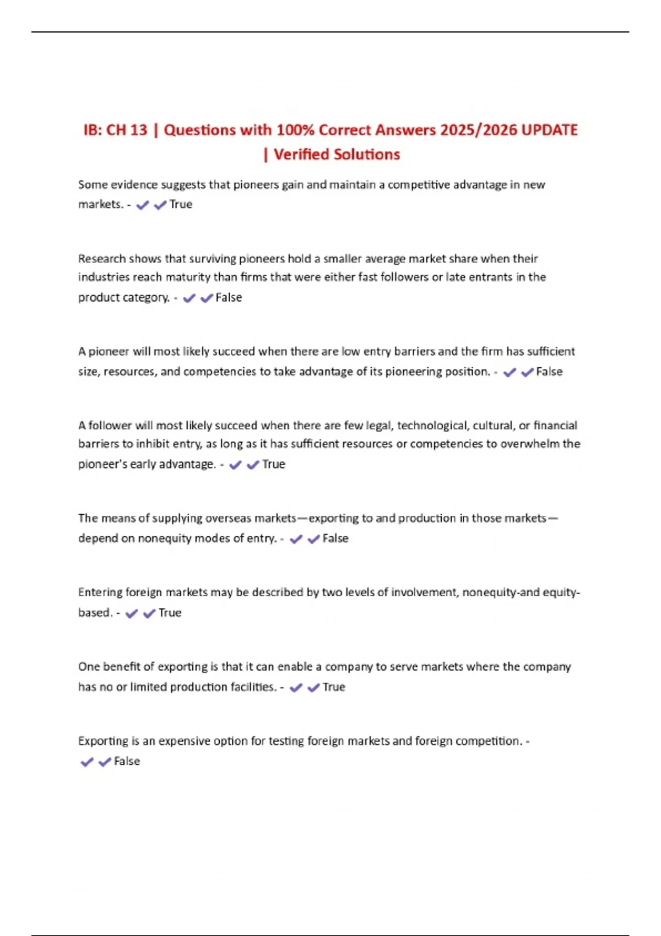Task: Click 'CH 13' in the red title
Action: click(x=127, y=130)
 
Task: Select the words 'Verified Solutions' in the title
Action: click(x=337, y=154)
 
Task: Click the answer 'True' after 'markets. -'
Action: click(x=181, y=204)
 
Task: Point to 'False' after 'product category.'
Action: click(x=229, y=297)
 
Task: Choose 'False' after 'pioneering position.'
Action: click(x=549, y=372)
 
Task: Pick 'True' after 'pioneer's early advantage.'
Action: click(x=274, y=464)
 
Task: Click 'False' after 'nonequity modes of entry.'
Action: click(x=335, y=538)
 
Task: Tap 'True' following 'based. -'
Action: click(x=170, y=613)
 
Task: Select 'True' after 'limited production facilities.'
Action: click(x=334, y=687)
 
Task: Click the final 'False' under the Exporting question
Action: click(x=127, y=761)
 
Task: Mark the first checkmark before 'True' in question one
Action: click(x=143, y=205)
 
